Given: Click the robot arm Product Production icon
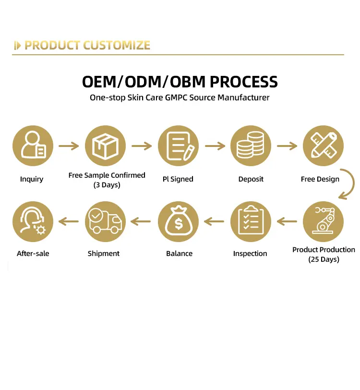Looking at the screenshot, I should click(323, 221).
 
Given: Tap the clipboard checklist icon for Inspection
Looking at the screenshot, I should click(251, 221).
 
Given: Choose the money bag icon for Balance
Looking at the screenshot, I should click(178, 221).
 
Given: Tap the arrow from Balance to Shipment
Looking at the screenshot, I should click(141, 221).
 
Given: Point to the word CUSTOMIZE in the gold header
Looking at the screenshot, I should click(117, 46).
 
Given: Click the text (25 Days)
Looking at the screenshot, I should click(324, 259).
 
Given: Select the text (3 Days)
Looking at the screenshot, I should click(107, 184).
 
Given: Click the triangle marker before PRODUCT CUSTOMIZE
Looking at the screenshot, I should click(18, 46).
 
